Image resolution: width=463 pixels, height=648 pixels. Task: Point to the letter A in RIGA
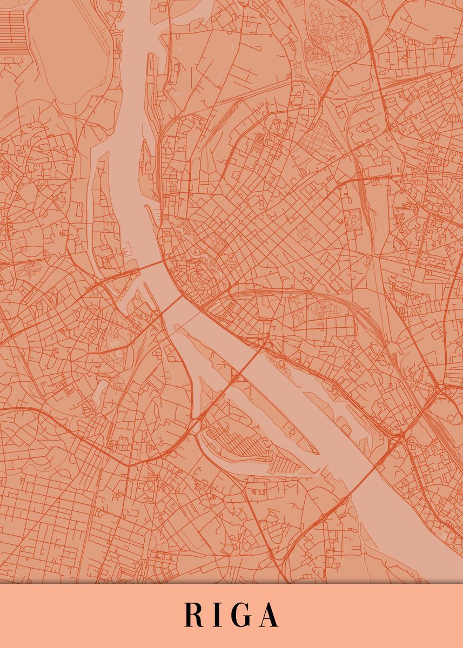coord(269,615)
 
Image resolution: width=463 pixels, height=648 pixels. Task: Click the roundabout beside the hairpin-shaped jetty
coord(157,313)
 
